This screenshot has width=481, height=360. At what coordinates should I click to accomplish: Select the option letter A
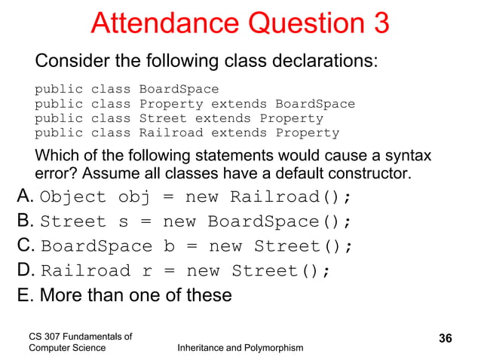tap(24, 197)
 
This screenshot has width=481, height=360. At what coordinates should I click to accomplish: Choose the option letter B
tap(24, 221)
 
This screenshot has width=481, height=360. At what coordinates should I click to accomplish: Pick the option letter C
tap(25, 246)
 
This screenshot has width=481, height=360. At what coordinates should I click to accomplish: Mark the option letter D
tap(25, 270)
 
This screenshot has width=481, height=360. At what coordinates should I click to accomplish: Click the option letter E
tap(24, 294)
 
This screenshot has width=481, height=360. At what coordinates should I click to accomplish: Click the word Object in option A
tap(73, 198)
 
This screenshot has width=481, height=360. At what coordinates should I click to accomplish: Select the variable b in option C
tap(167, 247)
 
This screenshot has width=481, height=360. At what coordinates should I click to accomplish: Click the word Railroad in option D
tap(84, 271)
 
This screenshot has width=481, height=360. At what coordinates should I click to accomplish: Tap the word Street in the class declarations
tap(163, 119)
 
